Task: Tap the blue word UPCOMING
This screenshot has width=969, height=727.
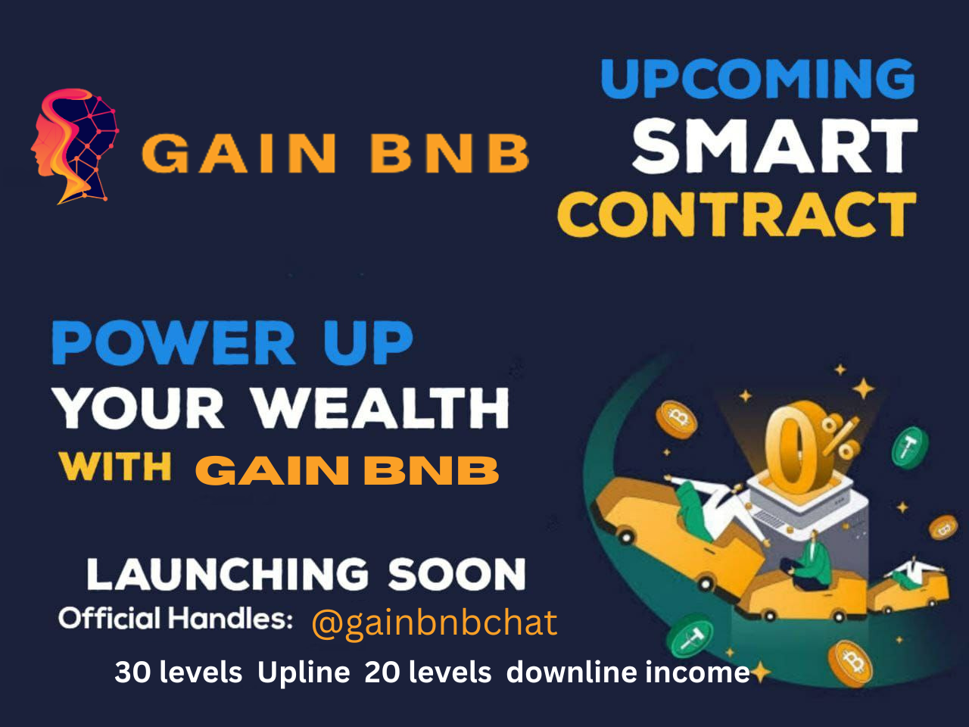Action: (758, 79)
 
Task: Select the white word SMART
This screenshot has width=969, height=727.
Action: (775, 145)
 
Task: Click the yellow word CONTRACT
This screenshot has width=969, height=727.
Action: (737, 214)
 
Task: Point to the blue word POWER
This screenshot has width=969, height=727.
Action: (173, 343)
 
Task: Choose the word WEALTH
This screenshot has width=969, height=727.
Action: (381, 408)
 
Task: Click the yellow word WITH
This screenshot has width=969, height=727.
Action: (116, 466)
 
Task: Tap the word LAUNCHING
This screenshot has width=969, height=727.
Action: (228, 574)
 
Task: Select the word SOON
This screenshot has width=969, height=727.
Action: (457, 574)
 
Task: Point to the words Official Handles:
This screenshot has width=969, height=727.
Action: (176, 618)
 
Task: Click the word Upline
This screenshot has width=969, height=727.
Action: (304, 673)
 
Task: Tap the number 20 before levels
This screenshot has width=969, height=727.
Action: (382, 672)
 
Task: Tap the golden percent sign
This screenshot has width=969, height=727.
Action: (840, 438)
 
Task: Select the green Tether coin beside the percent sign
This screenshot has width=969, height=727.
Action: (910, 448)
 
